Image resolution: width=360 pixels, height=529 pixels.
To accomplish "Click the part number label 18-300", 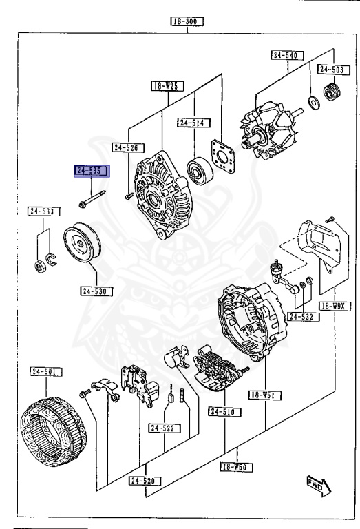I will point(189,21).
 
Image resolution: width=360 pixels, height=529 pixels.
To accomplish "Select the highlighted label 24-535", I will point(92,170).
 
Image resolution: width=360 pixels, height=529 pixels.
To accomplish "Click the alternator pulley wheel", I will point(81,246).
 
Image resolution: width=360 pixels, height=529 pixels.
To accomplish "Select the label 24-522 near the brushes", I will point(164,428).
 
